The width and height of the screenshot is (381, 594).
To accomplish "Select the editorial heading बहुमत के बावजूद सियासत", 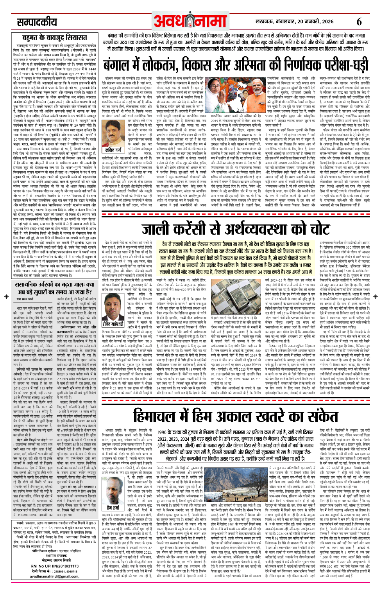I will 54,38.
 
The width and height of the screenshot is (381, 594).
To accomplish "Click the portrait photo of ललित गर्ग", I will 114,133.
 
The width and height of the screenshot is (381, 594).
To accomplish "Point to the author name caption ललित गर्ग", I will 114,150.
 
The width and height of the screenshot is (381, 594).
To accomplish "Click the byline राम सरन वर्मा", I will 25,299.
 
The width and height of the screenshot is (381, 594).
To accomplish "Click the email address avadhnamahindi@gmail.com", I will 55,576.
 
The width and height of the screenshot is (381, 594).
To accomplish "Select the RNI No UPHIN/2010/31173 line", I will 55,566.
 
